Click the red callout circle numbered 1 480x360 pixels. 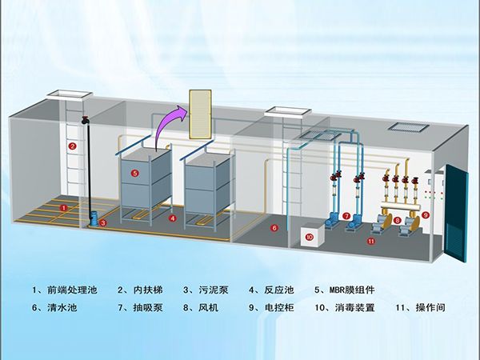tap(63, 207)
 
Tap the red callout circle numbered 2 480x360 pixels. tap(71, 146)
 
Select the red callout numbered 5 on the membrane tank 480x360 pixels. tap(134, 173)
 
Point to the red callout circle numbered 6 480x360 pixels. tap(274, 228)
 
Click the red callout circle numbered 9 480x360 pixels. tap(426, 215)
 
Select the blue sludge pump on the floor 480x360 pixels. tap(95, 217)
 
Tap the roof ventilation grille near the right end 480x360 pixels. tap(407, 126)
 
